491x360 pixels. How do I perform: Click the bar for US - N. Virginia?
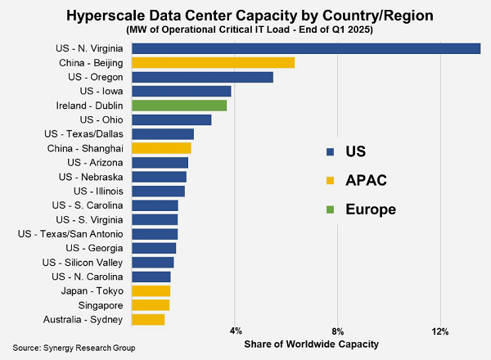tap(305, 48)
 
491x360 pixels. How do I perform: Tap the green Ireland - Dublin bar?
tap(178, 106)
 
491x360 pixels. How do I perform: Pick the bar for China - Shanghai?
tap(160, 148)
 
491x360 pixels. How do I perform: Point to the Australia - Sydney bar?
tap(147, 318)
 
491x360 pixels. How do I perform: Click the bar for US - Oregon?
tap(202, 77)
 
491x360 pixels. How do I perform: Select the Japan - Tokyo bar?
tap(151, 290)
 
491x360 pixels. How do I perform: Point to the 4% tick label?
tap(236, 331)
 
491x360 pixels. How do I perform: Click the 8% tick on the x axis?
tap(338, 331)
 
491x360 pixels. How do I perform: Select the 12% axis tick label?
tap(440, 331)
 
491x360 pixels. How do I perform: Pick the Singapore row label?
tap(101, 304)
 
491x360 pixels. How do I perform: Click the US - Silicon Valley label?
tap(82, 262)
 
